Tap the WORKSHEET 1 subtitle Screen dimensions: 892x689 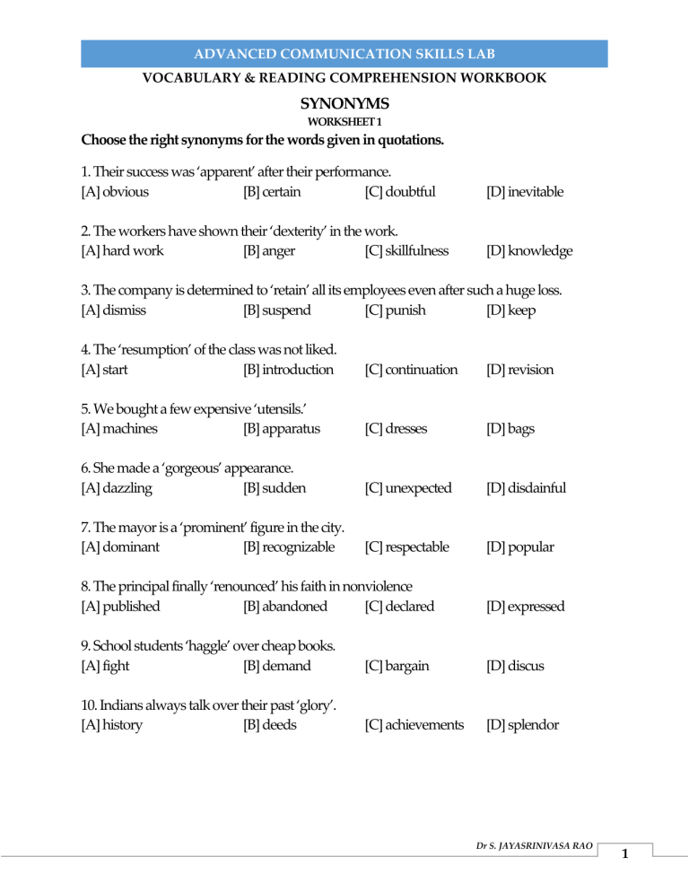tap(344, 121)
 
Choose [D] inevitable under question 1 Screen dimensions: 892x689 tap(525, 190)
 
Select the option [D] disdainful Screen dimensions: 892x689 tap(526, 487)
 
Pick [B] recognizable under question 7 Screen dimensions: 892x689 tap(289, 547)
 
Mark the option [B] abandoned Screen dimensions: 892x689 tap(284, 606)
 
